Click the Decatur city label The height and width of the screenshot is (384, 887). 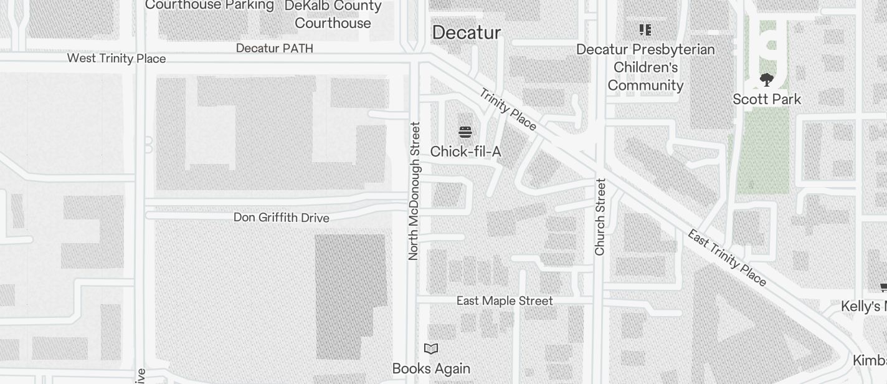(466, 32)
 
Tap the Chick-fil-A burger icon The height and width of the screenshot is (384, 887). (465, 132)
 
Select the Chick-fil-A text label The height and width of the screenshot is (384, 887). (465, 151)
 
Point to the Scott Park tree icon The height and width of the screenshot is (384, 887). (766, 80)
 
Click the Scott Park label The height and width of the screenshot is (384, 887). (766, 99)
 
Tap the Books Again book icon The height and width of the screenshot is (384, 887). (431, 348)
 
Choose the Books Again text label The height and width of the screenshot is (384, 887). (431, 368)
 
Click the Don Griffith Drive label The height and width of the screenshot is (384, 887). (281, 218)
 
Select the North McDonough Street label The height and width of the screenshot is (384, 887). (414, 191)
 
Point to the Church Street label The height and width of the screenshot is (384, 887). (600, 217)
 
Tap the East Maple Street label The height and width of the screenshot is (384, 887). (505, 301)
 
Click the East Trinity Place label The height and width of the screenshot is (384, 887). (727, 258)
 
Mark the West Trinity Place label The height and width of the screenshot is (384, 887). (116, 59)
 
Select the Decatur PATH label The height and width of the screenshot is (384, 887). (275, 48)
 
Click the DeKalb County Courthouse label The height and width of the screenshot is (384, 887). (333, 14)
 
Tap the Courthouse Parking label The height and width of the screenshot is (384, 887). (209, 5)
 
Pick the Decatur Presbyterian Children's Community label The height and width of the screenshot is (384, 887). (645, 67)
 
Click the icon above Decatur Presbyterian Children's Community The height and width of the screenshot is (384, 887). (645, 29)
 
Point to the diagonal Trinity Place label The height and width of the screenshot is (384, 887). (508, 110)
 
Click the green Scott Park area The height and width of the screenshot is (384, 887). (762, 156)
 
